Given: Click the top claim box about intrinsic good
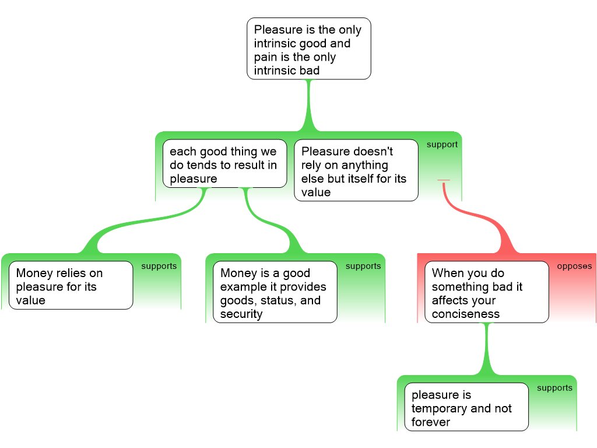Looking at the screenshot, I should (308, 50).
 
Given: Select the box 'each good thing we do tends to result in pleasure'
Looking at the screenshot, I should (224, 164).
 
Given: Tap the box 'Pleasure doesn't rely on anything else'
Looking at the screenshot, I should (356, 171).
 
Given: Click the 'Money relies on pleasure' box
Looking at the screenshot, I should (71, 286).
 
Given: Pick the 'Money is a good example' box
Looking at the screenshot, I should (275, 293).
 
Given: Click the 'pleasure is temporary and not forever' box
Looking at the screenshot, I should (466, 408).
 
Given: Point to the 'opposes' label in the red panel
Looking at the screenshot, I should (574, 267).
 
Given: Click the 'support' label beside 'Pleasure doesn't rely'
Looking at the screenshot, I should (442, 145).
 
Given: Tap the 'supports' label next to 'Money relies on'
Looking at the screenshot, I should (159, 266).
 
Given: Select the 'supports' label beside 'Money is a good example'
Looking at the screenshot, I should (363, 266).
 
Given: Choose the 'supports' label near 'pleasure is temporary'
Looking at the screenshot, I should (554, 388).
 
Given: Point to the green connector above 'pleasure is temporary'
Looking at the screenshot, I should (487, 350).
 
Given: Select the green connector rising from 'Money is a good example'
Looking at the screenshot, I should (274, 225).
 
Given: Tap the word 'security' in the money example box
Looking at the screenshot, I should (241, 314).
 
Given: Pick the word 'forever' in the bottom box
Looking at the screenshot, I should (431, 422).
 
